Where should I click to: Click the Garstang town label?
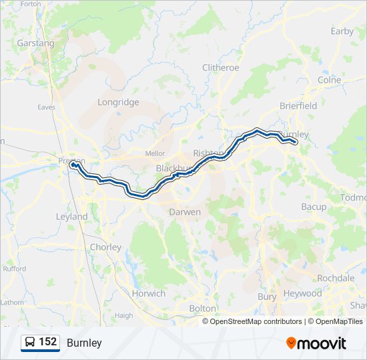point(35,43)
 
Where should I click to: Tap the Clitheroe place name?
point(220,67)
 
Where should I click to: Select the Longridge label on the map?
point(118,102)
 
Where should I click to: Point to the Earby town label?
point(342,31)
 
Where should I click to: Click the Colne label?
point(329,79)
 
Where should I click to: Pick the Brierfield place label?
point(298,105)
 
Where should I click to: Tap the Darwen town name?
point(185,212)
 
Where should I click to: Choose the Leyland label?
point(71,217)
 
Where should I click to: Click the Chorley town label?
point(105,247)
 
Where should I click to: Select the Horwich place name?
point(148,293)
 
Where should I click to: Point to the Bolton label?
point(203,309)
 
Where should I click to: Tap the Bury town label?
point(267,296)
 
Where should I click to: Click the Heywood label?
point(302,293)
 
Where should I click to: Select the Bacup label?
point(314,207)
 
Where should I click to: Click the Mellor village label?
point(155,153)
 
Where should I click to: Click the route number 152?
point(48,342)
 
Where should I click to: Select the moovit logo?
point(316,343)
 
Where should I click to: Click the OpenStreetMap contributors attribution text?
point(256,321)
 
